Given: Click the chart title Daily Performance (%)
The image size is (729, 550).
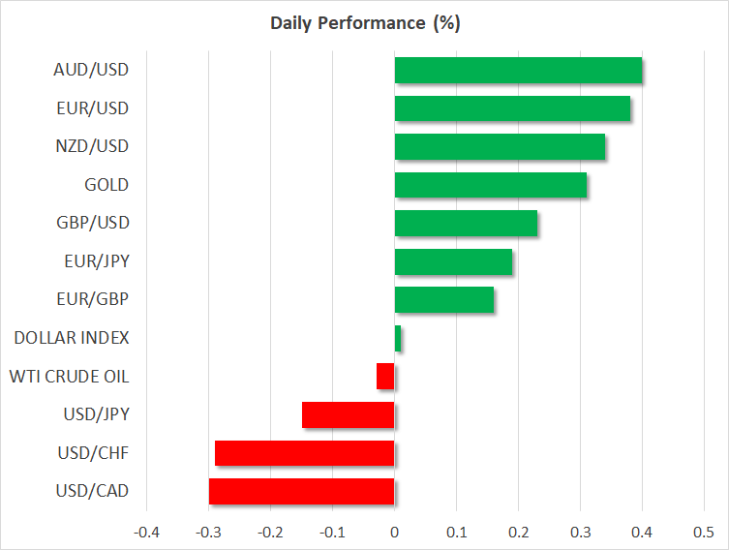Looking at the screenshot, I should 364,23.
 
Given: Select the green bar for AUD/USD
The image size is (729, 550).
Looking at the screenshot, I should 518,71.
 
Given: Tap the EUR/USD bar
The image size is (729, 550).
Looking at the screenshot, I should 512,108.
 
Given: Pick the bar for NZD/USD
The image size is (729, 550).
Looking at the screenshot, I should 500,147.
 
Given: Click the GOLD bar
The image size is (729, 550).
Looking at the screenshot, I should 491,185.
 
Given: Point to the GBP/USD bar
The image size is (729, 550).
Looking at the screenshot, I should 466,224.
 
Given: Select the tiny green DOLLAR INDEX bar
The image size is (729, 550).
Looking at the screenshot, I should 398,338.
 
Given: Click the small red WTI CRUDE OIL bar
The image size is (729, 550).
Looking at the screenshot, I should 385,376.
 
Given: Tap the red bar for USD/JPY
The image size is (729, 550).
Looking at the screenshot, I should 349,414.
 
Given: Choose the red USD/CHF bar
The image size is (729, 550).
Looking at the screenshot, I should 305,453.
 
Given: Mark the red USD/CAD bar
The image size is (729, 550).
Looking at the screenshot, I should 302,491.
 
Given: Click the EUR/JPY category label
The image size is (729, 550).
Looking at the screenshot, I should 100,261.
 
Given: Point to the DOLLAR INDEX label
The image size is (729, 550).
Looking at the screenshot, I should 72,338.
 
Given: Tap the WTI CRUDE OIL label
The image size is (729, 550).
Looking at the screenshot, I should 69,376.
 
